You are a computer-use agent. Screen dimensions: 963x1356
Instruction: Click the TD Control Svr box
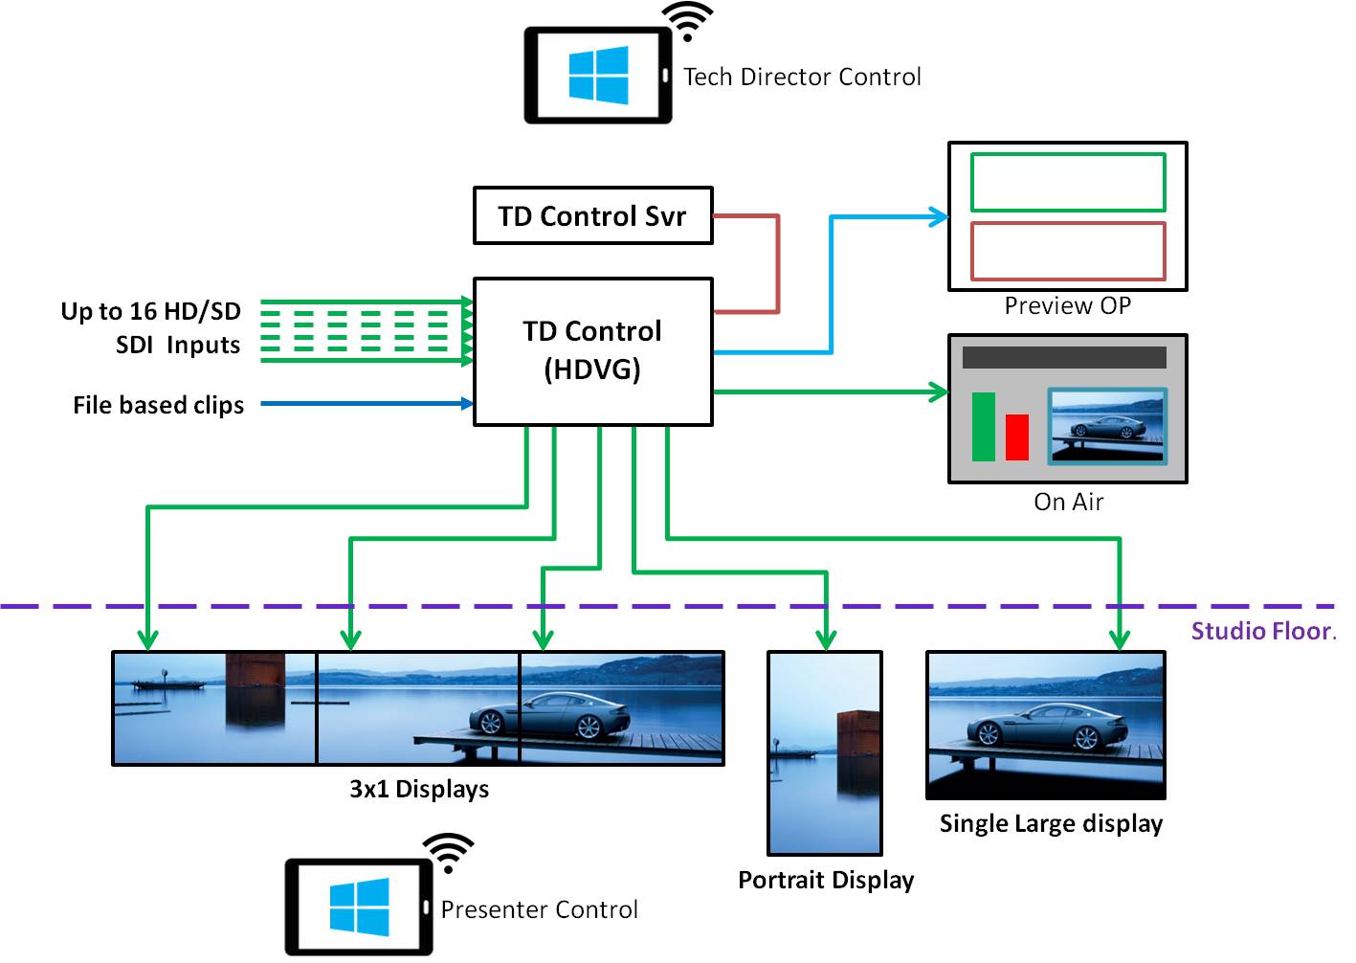pos(592,215)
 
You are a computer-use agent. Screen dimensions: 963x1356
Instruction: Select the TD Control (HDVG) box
pos(592,351)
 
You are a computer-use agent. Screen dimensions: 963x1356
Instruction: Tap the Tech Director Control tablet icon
pos(598,76)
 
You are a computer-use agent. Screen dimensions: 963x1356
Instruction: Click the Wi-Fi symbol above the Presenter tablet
pos(448,851)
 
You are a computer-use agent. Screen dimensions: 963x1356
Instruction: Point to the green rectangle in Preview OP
pos(1068,182)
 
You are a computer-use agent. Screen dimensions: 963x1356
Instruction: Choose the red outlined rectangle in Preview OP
pos(1068,251)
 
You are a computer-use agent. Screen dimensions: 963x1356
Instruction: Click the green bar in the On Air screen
pos(984,426)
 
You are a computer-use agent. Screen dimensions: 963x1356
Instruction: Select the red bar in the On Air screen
pos(1016,437)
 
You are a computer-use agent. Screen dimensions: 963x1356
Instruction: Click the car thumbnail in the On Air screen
pos(1107,426)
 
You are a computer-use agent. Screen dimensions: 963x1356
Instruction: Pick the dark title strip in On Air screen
pos(1064,357)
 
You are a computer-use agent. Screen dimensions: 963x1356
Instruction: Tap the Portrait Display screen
pos(825,753)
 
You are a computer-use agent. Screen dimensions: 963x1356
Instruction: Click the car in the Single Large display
pos(1034,727)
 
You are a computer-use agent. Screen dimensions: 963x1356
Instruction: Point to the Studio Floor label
pos(1263,631)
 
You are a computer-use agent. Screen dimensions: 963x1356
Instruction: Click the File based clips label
pos(159,405)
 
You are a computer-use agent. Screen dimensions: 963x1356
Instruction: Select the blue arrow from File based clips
pos(364,404)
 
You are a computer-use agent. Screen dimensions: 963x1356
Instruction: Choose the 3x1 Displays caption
pos(419,789)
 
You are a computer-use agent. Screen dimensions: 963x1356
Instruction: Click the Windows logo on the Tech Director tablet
pos(598,76)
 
